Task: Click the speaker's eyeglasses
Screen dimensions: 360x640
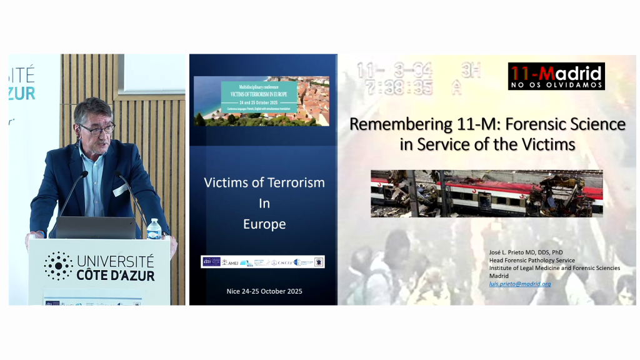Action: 96,129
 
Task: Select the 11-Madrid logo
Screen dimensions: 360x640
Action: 556,76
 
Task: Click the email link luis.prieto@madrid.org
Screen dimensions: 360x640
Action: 519,284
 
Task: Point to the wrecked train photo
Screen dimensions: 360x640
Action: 486,193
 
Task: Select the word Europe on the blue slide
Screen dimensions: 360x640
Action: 264,224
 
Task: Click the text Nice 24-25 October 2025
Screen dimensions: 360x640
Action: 264,291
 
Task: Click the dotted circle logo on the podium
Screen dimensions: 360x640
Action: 58,266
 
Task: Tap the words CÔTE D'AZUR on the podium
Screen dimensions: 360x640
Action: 116,274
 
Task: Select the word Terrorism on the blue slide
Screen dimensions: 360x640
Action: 293,182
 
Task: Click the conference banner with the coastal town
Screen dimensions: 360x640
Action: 261,101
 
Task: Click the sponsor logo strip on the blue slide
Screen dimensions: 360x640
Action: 262,262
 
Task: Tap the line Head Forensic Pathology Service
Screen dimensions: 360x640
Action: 531,260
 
